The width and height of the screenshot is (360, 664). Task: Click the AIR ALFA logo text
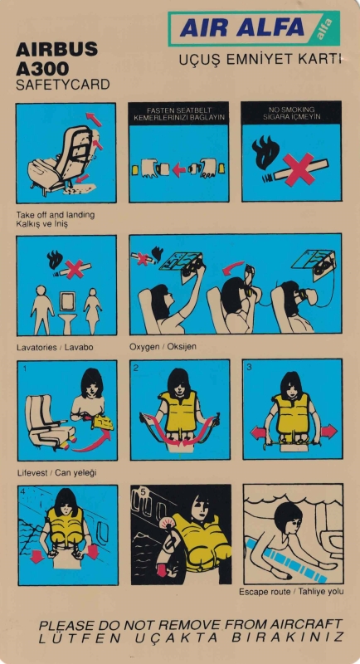tap(242, 27)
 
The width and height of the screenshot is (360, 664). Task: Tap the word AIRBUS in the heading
tap(56, 51)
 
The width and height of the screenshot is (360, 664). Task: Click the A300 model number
tap(42, 68)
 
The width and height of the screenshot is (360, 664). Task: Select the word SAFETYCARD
tap(62, 85)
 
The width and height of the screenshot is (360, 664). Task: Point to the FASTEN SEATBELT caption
tap(179, 110)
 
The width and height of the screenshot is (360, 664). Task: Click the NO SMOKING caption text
tap(291, 110)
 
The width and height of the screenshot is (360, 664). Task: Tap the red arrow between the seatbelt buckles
tap(179, 170)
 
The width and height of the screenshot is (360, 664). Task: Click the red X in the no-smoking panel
tap(299, 169)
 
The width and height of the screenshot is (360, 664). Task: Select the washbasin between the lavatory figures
tap(67, 311)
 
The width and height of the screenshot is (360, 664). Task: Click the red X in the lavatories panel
tap(75, 269)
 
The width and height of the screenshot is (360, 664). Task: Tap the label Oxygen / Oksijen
tap(163, 347)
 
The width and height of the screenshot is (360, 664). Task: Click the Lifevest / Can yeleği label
tap(56, 472)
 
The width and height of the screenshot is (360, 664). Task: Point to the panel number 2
tap(135, 368)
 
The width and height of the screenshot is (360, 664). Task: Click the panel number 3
tap(249, 367)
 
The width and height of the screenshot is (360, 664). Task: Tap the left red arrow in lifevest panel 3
tap(257, 432)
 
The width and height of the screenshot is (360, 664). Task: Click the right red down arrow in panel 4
tap(93, 552)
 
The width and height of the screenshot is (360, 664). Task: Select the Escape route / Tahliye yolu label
tap(291, 592)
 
